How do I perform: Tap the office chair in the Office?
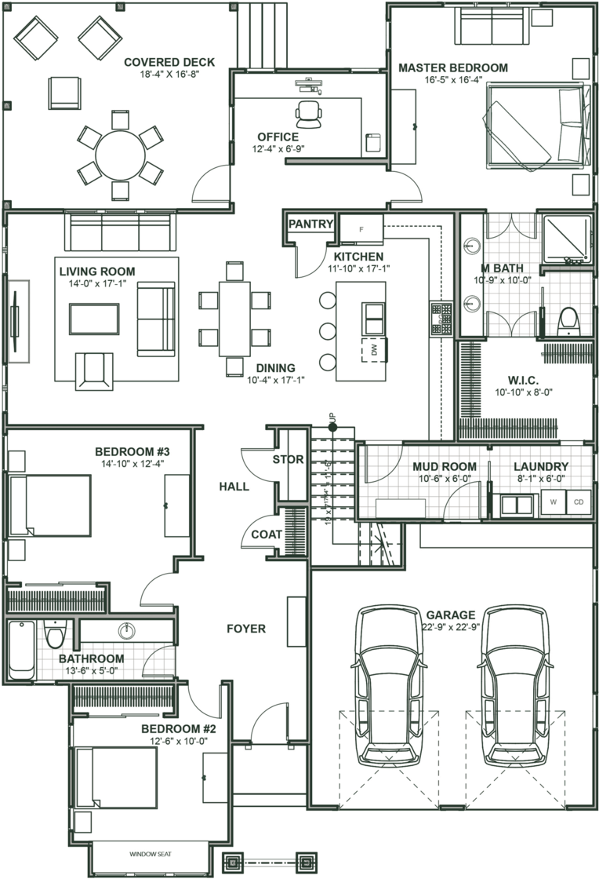(310, 113)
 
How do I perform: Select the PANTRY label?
(310, 224)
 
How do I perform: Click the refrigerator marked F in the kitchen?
(361, 229)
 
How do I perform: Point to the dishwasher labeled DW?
(374, 351)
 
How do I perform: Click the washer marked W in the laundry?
(554, 502)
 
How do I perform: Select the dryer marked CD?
(579, 502)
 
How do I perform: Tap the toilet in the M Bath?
(568, 320)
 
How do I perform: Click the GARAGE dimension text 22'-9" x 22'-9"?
(450, 626)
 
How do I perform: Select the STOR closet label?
(288, 460)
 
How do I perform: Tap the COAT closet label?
(267, 534)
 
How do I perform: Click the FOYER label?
(246, 629)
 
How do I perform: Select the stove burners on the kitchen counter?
(441, 316)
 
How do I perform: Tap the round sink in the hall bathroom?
(126, 630)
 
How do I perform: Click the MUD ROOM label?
(445, 467)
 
